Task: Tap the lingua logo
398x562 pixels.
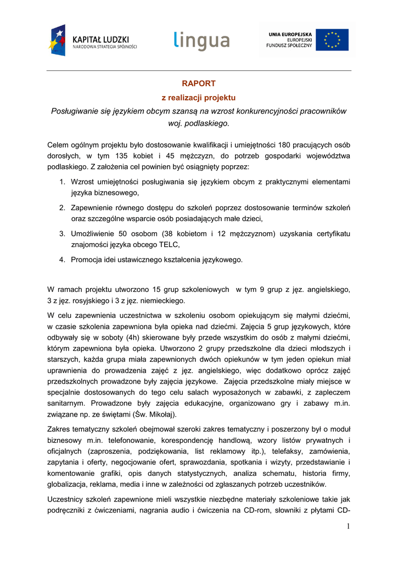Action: (201, 41)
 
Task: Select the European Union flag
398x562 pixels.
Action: (332, 40)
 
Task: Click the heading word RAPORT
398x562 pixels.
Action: (199, 83)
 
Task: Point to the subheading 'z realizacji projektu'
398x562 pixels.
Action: (198, 97)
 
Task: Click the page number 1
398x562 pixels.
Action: (348, 526)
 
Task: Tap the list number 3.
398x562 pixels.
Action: (63, 234)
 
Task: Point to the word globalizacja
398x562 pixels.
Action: (69, 484)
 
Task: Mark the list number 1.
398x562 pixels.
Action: (63, 181)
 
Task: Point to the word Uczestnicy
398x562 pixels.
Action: (66, 499)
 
